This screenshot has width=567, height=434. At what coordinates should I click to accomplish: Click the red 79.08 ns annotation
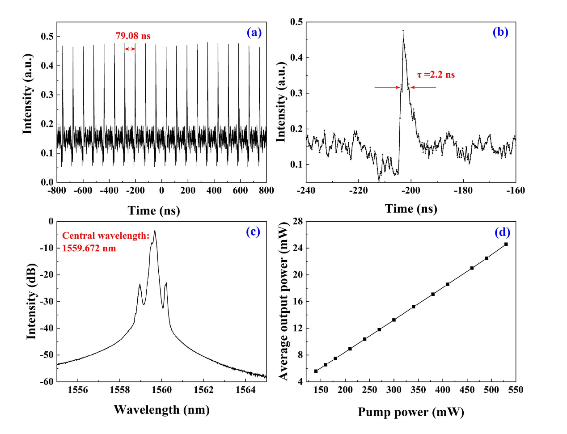click(x=133, y=36)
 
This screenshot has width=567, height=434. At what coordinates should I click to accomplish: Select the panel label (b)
click(x=500, y=32)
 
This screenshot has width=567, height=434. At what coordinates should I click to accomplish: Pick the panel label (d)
click(x=502, y=232)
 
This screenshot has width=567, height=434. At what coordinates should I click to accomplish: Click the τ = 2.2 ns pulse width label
click(x=436, y=75)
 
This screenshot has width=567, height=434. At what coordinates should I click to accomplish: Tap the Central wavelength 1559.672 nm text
click(x=106, y=242)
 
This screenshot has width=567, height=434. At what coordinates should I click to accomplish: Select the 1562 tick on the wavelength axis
click(x=203, y=390)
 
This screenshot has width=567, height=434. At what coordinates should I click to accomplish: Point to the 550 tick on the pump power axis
click(x=516, y=390)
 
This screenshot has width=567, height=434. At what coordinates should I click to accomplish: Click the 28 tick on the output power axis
click(x=297, y=221)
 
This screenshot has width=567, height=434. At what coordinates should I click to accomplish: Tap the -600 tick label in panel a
click(x=83, y=190)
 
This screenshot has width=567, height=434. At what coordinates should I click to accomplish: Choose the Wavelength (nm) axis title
click(x=161, y=409)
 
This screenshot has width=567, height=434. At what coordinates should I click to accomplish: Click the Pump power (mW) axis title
click(x=410, y=412)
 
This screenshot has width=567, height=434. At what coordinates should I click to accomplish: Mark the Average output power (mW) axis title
click(x=284, y=301)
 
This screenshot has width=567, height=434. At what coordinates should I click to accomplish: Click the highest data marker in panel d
click(x=506, y=244)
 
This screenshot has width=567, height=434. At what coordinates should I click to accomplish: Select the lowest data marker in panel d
click(x=316, y=371)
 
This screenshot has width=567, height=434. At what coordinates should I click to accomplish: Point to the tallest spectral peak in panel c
click(x=155, y=231)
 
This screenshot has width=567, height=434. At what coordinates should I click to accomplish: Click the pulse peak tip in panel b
click(x=403, y=31)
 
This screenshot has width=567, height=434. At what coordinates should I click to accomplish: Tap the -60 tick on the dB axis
click(x=48, y=381)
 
